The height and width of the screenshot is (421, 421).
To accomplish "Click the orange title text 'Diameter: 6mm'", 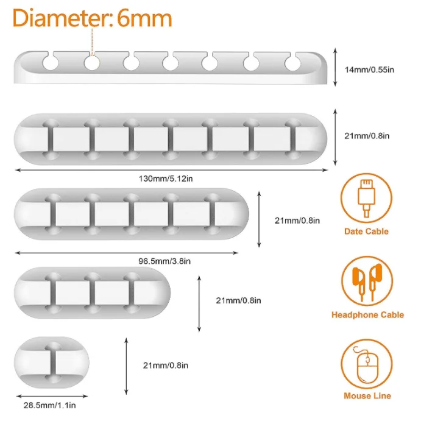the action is (92, 18).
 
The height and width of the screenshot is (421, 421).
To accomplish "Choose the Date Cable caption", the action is (366, 232).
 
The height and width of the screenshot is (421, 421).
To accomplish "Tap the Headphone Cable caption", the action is (367, 315).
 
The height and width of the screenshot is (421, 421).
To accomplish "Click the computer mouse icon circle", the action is (366, 366).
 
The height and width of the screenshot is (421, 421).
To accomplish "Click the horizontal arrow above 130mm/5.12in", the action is (171, 171).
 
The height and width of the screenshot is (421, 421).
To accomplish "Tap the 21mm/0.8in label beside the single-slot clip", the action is (165, 366).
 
